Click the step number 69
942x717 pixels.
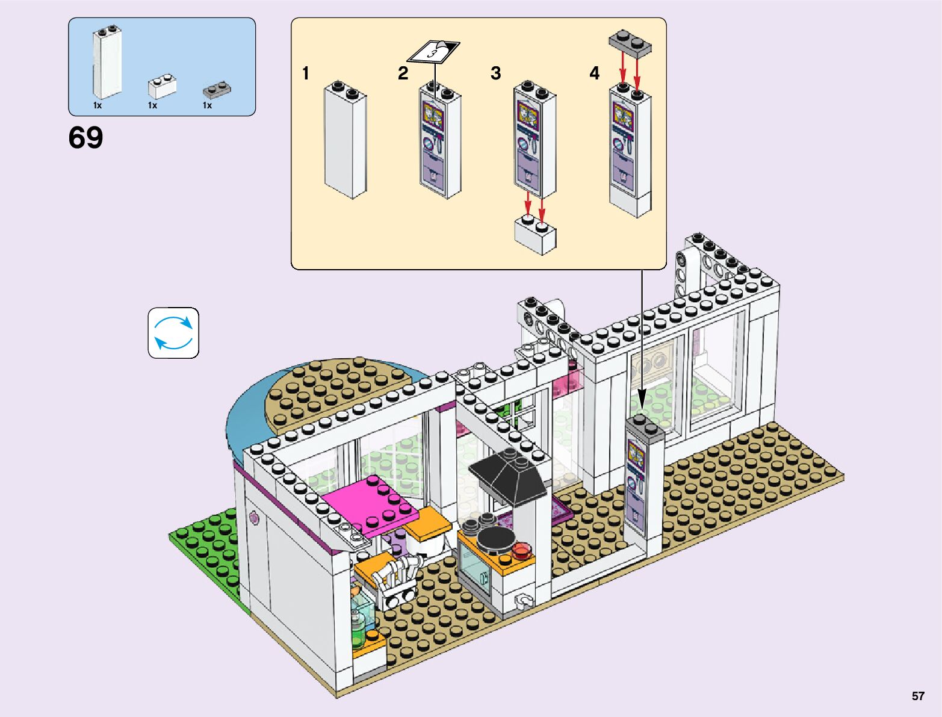click(85, 138)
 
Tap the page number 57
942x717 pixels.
click(917, 696)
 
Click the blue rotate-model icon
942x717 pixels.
click(173, 333)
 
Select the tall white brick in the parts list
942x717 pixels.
click(107, 63)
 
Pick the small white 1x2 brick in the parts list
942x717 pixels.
click(162, 87)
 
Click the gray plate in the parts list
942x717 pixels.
click(217, 90)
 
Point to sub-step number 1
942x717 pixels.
click(306, 73)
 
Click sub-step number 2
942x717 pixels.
click(403, 73)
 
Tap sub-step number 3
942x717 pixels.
click(495, 73)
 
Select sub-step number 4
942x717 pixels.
click(594, 73)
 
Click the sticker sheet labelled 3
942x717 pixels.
click(433, 51)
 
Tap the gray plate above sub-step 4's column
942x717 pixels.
click(630, 43)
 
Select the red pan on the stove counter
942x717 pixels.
click(521, 549)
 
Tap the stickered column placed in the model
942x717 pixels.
click(642, 482)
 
